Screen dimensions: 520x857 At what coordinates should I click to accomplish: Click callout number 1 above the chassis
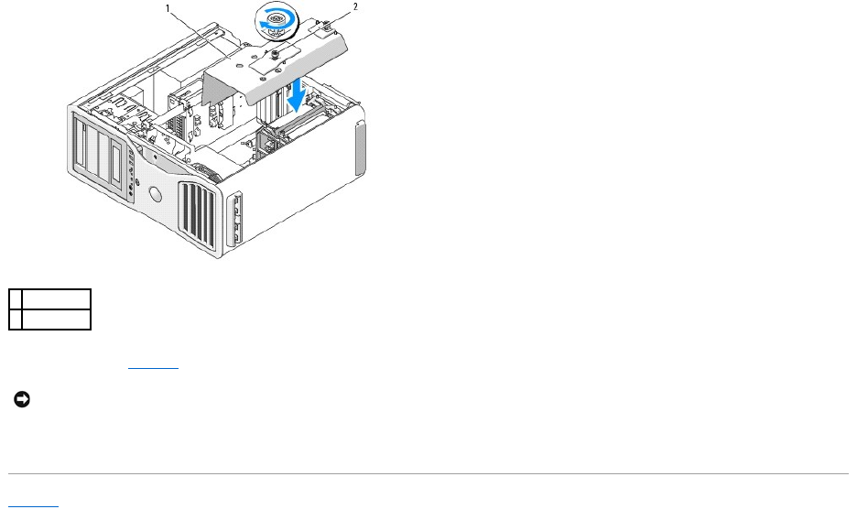[x=168, y=6]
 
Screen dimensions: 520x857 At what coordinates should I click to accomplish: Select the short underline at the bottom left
[x=33, y=504]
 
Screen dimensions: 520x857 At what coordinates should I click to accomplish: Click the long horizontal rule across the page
[x=428, y=473]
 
